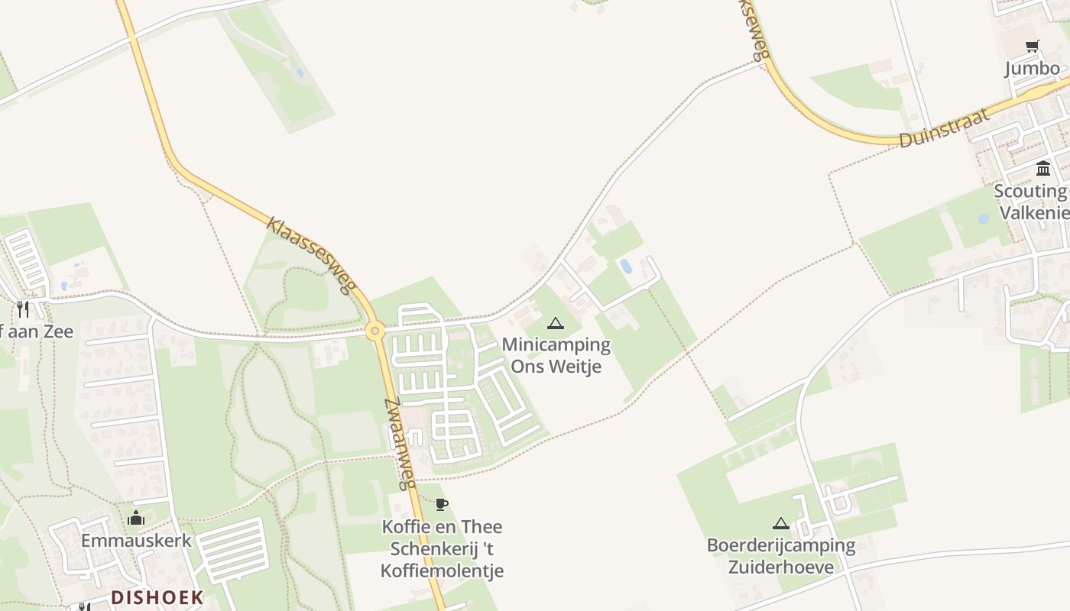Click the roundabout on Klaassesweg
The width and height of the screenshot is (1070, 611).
tap(374, 331)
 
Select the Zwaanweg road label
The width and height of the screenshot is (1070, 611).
tap(399, 443)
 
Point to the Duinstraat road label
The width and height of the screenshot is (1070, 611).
tap(944, 128)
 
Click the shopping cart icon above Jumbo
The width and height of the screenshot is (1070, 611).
tap(1033, 46)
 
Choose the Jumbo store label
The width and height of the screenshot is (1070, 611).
tap(1033, 68)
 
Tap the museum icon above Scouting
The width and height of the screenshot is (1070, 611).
tap(1043, 168)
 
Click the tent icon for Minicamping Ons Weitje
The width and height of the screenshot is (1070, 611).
tap(556, 323)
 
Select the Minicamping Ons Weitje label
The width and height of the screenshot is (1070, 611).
tap(556, 355)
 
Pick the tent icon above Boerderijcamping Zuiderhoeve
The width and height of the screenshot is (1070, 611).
tap(780, 524)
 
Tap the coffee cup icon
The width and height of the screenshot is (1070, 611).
tap(441, 504)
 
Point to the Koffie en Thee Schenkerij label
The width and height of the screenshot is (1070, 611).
tap(443, 548)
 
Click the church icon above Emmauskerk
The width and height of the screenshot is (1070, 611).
tap(136, 518)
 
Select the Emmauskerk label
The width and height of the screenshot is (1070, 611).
tap(136, 541)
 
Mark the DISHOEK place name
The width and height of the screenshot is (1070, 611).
tap(157, 597)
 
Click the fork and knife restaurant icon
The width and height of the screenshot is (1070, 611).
tap(23, 309)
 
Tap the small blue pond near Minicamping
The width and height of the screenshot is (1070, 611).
tap(626, 266)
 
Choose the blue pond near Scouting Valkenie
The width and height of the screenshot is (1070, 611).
tap(984, 218)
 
